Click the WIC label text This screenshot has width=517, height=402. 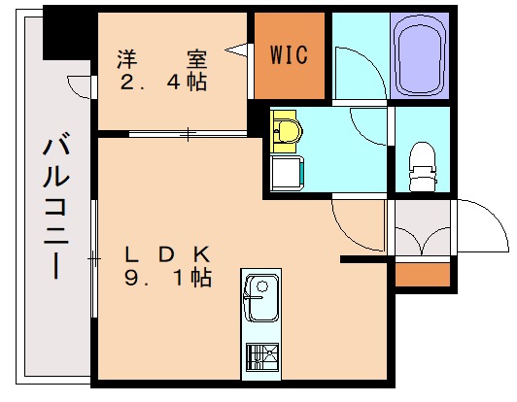click(x=289, y=54)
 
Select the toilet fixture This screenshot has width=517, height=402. click(x=422, y=167)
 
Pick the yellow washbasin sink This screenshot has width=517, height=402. click(x=287, y=129)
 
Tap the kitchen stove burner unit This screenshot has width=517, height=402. click(x=259, y=360)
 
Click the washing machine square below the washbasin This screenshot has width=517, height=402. click(x=288, y=175)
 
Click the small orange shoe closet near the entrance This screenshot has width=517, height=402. click(x=423, y=274)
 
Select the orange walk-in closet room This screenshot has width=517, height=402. click(x=289, y=55)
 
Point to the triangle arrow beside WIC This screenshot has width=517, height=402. click(x=236, y=47)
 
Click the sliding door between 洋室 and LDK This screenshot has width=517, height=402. click(x=180, y=132)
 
